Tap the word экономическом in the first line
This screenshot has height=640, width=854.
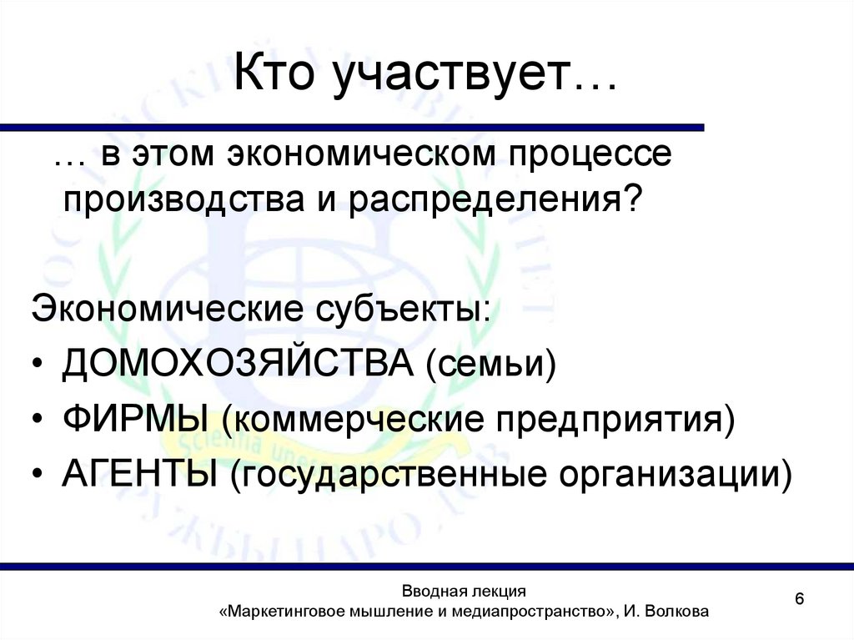click(x=344, y=157)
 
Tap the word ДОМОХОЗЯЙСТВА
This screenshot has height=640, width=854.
click(x=238, y=365)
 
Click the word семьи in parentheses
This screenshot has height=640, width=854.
click(x=492, y=365)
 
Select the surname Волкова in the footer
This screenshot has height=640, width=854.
click(x=677, y=612)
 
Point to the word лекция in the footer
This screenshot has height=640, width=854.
click(x=495, y=591)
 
